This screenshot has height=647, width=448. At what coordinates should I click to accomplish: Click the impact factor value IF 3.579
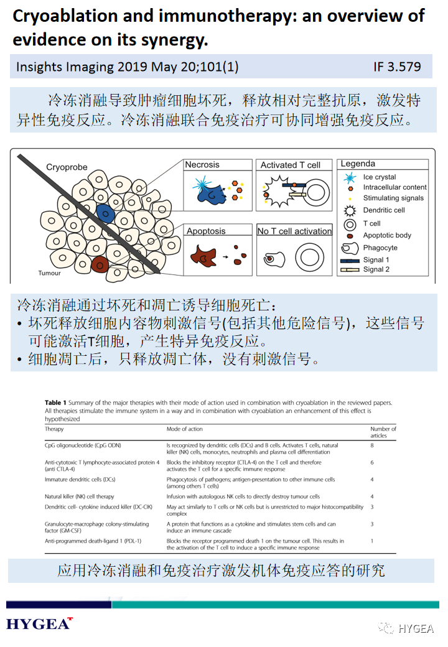pos(397,67)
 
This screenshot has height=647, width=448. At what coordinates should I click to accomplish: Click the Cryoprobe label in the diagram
pos(67,167)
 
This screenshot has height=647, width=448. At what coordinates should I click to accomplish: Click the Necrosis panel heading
pos(202,165)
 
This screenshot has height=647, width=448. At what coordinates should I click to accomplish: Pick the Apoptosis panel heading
pos(206,231)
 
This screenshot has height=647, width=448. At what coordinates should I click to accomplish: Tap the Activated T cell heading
pos(291,165)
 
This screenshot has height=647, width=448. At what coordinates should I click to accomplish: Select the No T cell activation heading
pos(294,231)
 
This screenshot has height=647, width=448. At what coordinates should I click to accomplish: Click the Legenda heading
pos(358,164)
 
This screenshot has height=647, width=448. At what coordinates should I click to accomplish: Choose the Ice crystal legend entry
pos(380,177)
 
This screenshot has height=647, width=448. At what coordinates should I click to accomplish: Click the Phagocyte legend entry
pos(380,248)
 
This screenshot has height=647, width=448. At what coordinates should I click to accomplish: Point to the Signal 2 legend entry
pos(376,269)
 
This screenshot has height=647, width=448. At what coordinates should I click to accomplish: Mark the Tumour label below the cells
pos(49,273)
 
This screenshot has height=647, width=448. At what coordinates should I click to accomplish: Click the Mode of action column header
pos(184,429)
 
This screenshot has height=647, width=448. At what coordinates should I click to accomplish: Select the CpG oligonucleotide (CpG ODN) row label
pos(84,445)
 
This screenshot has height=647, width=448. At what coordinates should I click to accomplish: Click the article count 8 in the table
pos(372,445)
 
